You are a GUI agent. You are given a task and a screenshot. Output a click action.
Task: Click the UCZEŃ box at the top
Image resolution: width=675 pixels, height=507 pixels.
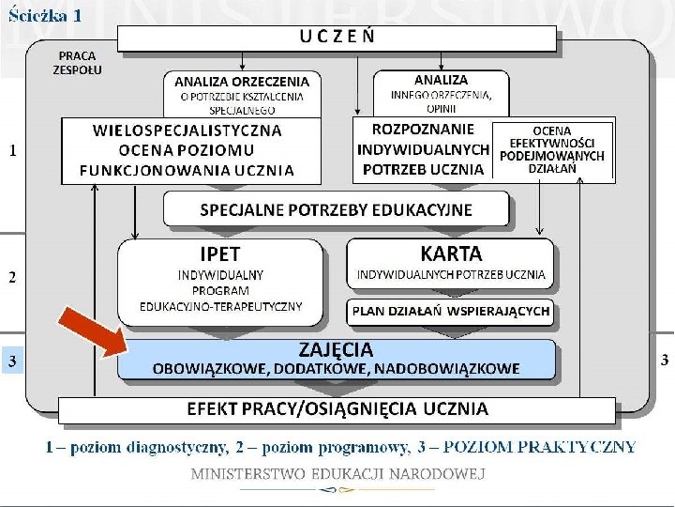pos(337,38)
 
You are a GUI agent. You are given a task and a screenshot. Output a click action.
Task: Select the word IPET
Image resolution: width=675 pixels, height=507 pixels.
pos(219,253)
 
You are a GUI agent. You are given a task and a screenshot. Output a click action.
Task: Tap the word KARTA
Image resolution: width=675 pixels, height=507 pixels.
pos(451,253)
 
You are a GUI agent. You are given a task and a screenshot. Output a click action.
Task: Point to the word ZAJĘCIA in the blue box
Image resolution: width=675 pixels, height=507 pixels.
pos(336,349)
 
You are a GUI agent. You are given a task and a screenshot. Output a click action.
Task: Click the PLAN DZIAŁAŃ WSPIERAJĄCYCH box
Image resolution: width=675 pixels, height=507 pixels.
pos(451,312)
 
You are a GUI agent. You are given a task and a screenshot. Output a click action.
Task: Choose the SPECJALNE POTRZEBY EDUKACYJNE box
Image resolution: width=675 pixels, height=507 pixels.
pos(337,209)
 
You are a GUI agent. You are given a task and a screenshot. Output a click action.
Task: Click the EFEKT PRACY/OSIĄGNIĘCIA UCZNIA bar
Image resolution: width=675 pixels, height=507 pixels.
pos(337,409)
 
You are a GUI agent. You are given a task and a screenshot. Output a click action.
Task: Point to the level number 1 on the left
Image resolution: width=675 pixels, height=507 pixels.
pos(12,150)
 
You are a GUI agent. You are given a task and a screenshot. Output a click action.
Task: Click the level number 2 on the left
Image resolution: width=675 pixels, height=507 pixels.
pos(12,277)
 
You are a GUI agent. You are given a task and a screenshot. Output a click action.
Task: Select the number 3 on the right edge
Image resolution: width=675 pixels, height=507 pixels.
pos(665,360)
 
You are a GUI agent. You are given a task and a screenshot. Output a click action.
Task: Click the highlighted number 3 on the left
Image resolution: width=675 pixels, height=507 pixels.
pos(12,361)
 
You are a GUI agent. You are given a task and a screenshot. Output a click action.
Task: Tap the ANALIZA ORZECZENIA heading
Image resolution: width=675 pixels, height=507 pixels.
pos(242,81)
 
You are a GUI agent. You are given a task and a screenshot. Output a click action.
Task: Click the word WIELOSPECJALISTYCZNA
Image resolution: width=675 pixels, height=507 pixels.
pos(187,131)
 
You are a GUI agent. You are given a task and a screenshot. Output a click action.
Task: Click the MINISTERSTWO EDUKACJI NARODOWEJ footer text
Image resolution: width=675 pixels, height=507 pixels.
pos(337,473)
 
